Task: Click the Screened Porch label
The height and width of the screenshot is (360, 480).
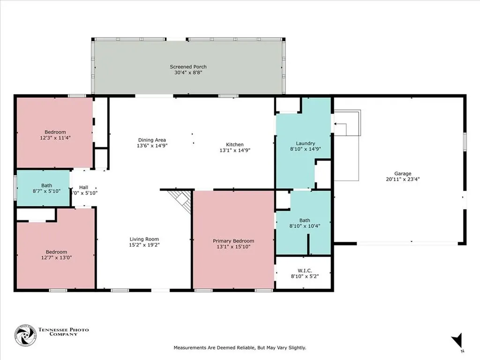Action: click(188, 67)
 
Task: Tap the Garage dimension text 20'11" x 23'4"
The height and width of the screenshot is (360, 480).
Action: click(403, 179)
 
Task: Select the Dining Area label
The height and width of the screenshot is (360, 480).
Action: click(152, 140)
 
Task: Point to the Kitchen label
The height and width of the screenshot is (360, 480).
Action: click(235, 144)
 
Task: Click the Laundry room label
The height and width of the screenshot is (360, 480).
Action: click(305, 143)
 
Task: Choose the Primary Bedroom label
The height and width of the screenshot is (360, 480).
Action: click(233, 241)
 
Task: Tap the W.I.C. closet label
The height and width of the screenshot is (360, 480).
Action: click(305, 270)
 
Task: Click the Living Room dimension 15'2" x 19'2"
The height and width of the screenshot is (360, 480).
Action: click(144, 245)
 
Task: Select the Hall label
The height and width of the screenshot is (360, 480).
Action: click(83, 187)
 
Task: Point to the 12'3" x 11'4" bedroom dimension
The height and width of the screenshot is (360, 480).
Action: click(55, 138)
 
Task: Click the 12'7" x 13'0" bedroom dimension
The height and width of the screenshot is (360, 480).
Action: click(56, 257)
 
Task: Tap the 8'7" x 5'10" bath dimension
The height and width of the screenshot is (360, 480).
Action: click(46, 191)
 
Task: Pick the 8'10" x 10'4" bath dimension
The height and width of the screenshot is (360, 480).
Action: click(305, 226)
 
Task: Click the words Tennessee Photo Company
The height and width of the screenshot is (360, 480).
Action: click(63, 332)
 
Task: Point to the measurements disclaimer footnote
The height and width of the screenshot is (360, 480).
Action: click(240, 347)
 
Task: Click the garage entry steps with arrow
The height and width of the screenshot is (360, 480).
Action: click(347, 123)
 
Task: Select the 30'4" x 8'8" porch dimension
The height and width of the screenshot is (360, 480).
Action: click(188, 73)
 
